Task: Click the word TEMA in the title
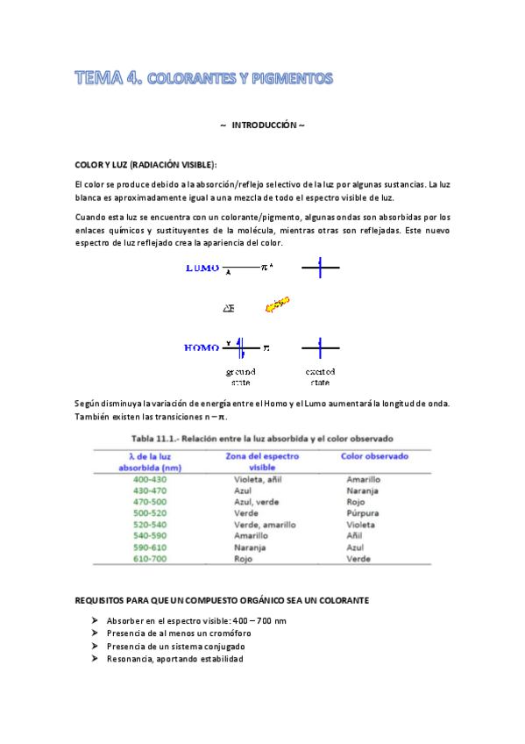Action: coord(99,79)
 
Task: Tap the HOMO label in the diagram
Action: coord(202,348)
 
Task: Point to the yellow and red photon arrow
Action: coord(277,305)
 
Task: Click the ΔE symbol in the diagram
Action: coord(229,308)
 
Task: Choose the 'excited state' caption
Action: coord(321,377)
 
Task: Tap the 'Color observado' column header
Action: coord(375,456)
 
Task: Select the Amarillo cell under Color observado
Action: coord(364,480)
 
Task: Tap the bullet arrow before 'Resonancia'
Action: coord(95,659)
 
